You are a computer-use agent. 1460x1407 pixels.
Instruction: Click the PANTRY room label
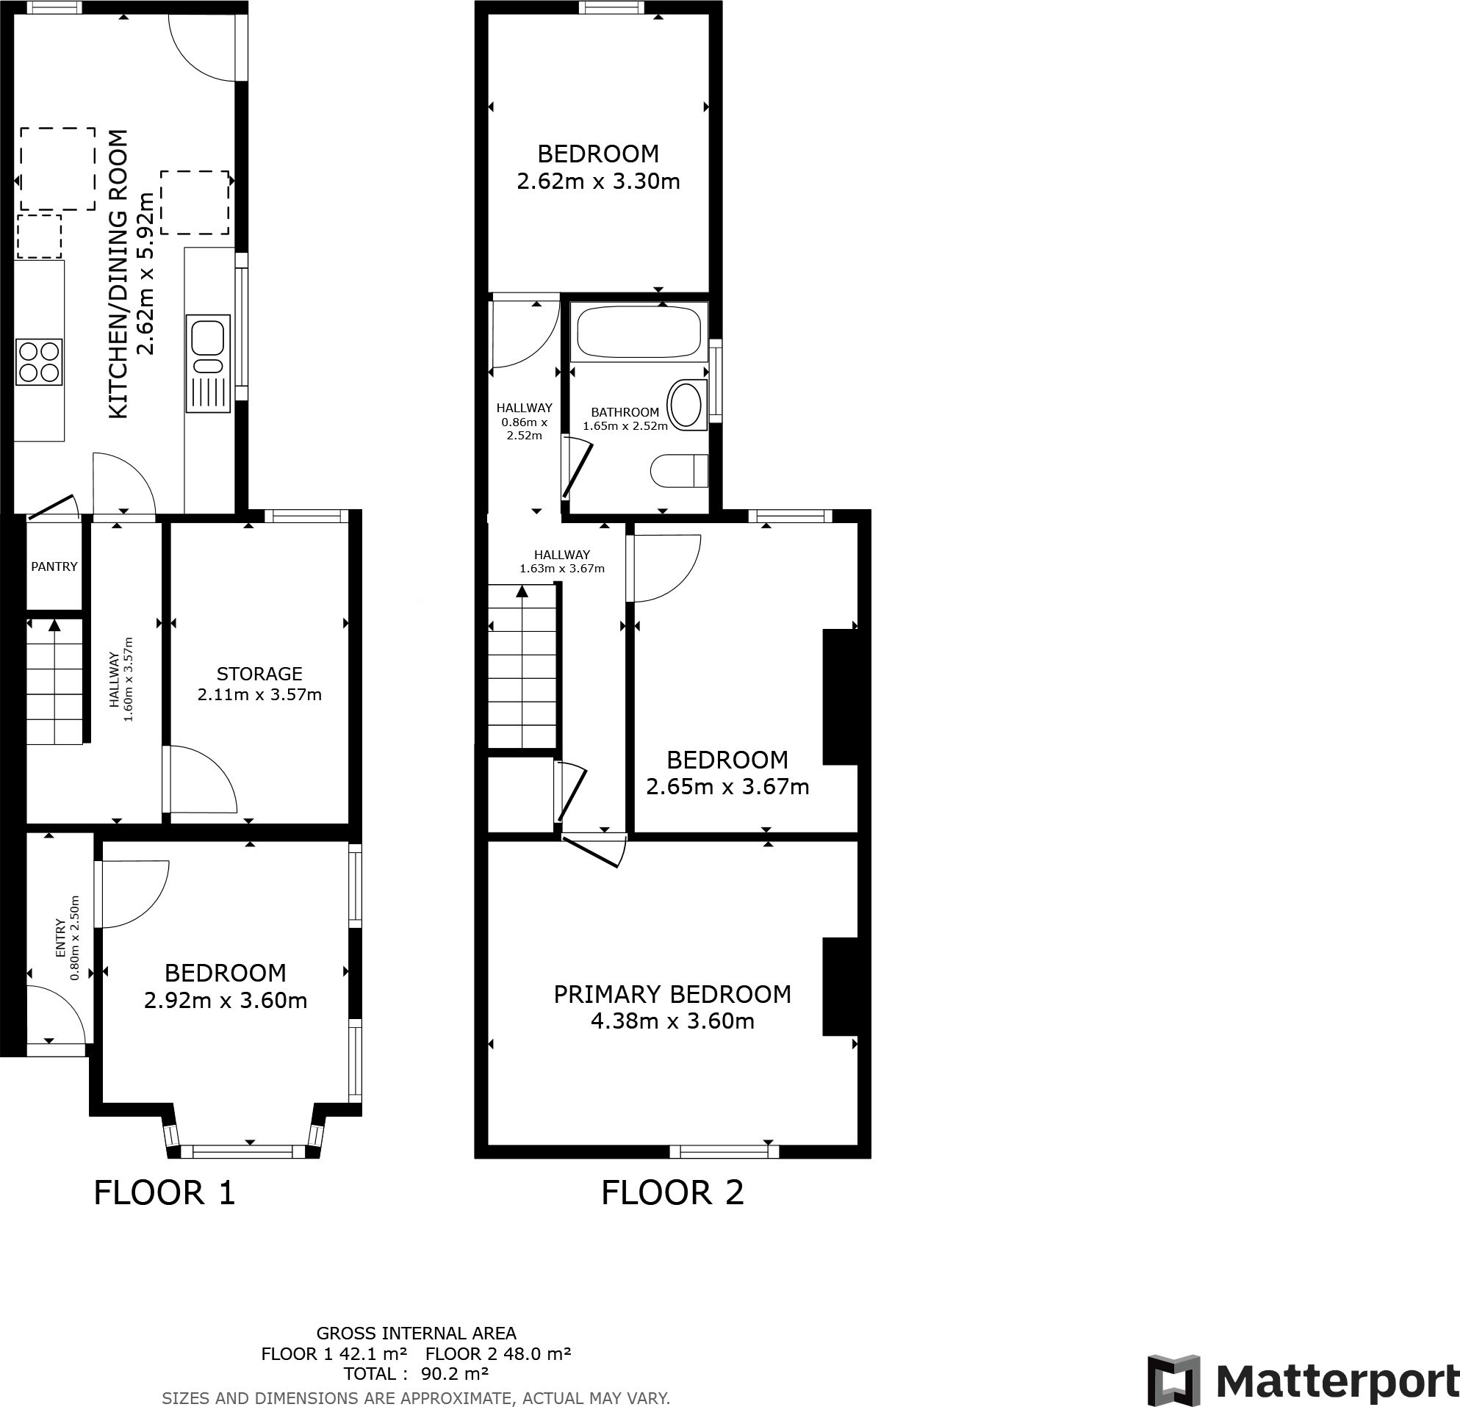54,566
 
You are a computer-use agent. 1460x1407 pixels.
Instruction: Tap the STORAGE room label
259,674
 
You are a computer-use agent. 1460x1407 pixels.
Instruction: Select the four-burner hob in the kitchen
40,361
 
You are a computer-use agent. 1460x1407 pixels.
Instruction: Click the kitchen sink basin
208,337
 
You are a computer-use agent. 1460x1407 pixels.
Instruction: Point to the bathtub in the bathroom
639,331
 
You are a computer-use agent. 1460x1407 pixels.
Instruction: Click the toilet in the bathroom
679,471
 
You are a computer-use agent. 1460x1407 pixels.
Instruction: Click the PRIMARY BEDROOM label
672,994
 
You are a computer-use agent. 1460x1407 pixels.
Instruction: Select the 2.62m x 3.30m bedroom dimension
598,181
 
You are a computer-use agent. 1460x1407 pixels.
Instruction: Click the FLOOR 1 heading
165,1192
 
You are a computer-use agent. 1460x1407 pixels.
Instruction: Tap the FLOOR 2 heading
672,1192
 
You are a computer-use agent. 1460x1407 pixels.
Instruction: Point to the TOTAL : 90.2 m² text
416,1374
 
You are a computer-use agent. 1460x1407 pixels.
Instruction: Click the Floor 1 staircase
54,682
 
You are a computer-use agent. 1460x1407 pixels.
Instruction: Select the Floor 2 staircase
522,666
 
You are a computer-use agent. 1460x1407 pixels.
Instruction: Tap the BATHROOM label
625,412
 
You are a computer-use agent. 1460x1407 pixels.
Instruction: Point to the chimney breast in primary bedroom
840,987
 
